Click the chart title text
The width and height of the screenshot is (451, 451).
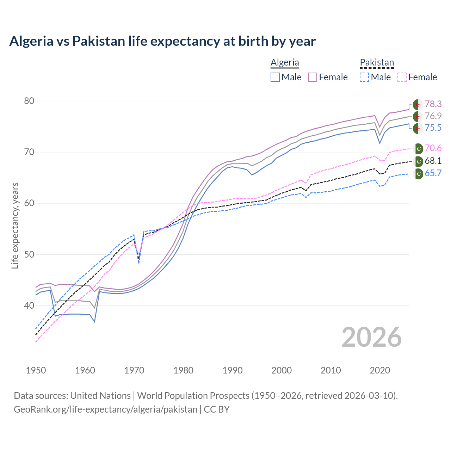click(162, 41)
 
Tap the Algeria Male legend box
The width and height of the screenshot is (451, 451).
click(275, 77)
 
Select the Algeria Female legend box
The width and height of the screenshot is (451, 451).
click(313, 77)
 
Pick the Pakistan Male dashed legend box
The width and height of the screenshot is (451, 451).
click(364, 77)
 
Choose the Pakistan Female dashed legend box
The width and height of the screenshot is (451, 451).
click(402, 77)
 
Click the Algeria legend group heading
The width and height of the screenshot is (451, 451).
click(285, 62)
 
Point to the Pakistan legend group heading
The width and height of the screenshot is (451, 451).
click(377, 62)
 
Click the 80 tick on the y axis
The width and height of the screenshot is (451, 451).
click(29, 101)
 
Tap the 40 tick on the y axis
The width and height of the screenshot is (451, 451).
click(29, 305)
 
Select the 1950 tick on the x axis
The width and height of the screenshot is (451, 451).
click(36, 370)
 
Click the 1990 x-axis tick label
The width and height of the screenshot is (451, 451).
click(233, 370)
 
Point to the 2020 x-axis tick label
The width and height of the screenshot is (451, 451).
click(380, 370)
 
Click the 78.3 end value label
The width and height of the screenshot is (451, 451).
click(433, 104)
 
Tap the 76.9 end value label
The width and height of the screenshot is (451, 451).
click(433, 116)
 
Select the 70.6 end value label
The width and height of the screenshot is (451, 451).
click(433, 148)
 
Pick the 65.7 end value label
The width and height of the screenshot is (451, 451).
click(433, 173)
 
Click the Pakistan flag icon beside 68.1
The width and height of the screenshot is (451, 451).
click(418, 161)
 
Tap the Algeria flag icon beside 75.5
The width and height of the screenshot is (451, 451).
click(418, 128)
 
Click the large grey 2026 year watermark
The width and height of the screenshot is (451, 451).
click(372, 337)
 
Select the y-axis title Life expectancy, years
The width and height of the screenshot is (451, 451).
click(15, 225)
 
